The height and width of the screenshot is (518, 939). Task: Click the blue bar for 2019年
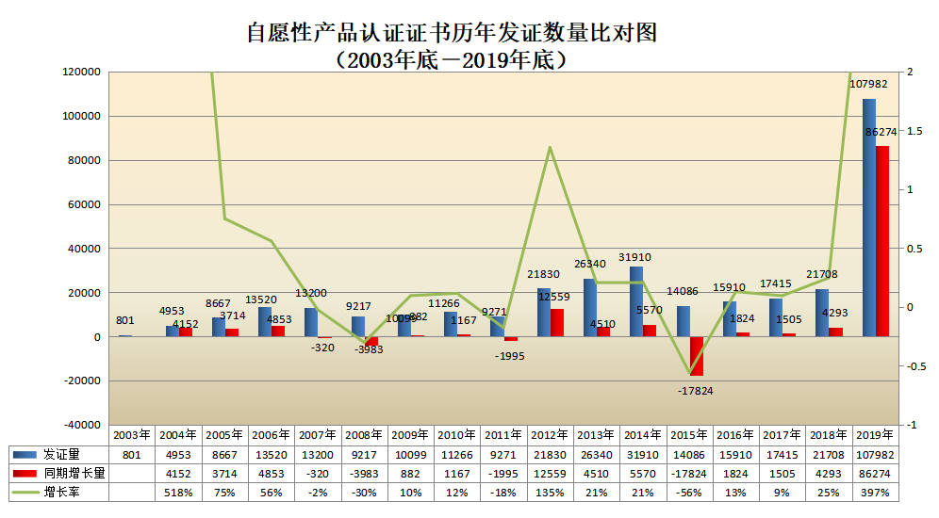[x=869, y=217]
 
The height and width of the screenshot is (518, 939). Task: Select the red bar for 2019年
[x=882, y=241]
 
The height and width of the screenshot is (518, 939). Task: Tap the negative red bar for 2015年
[x=697, y=356]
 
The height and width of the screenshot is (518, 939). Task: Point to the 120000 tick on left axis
[x=82, y=72]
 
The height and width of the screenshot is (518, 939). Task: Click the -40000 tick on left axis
[x=82, y=426]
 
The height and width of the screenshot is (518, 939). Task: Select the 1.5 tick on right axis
[x=913, y=131]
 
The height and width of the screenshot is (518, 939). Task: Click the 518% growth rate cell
[x=178, y=492]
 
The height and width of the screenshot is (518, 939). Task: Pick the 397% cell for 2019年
[x=876, y=492]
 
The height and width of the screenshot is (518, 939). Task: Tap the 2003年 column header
[x=132, y=435]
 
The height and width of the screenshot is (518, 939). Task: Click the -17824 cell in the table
[x=690, y=472]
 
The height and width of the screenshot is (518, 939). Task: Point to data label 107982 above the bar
[x=870, y=85]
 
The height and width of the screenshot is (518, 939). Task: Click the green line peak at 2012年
[x=551, y=147]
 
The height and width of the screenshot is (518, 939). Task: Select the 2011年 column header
[x=504, y=435]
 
